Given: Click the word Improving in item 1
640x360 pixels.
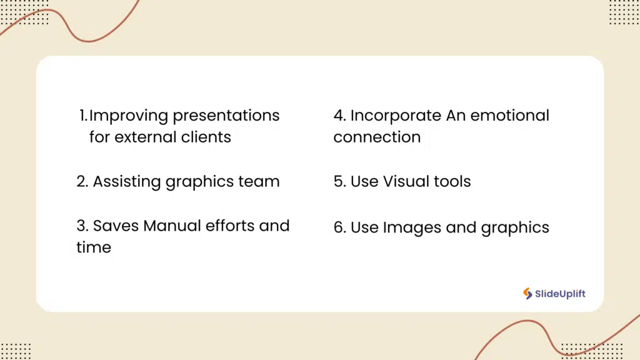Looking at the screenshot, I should (x=129, y=116).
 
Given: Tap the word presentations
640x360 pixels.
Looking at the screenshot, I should (x=226, y=116).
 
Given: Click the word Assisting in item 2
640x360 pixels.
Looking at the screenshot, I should (x=127, y=182).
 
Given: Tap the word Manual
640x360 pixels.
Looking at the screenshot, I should (x=168, y=225).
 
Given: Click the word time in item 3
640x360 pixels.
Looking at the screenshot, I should (x=94, y=247).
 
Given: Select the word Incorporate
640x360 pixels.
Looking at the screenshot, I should (x=396, y=116).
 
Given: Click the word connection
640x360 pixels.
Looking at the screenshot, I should (x=377, y=137).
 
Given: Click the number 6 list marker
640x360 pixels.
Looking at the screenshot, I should (x=339, y=227).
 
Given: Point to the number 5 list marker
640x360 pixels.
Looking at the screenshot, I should (x=339, y=182).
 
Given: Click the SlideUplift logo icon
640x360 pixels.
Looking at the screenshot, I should (x=528, y=293).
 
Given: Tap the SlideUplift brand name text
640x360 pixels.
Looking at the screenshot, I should (x=560, y=294).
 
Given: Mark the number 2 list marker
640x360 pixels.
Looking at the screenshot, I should (x=82, y=182).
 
